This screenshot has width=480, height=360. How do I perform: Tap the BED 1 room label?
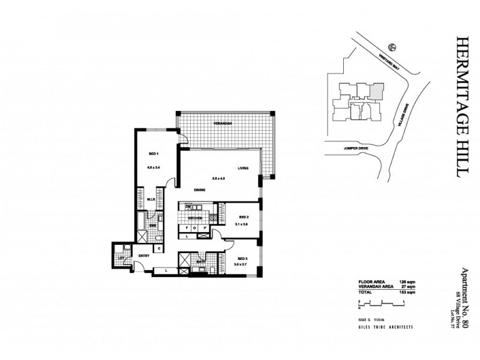coord(152,153)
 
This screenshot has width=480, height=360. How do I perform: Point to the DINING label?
coord(200,190)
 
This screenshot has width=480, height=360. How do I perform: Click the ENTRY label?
coord(144,256)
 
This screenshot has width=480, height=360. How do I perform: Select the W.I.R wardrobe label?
coord(152,199)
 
